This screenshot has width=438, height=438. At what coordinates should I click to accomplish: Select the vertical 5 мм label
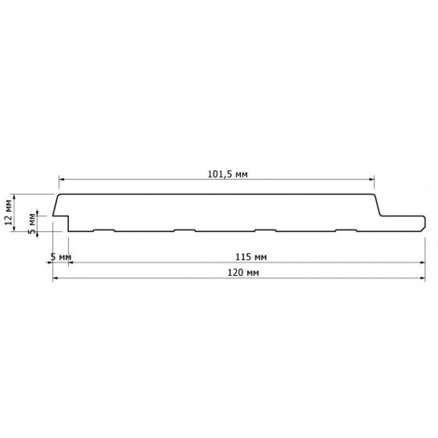[33, 223]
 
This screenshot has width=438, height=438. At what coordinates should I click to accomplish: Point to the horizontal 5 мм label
[61, 256]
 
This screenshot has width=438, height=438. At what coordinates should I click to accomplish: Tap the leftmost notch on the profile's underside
[104, 230]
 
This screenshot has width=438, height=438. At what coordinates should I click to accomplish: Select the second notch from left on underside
[184, 230]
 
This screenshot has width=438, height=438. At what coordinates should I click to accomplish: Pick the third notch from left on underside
[265, 230]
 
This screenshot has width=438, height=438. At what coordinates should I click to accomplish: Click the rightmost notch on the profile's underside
[346, 230]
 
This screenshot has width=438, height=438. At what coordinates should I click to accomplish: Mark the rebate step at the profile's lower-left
[67, 217]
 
